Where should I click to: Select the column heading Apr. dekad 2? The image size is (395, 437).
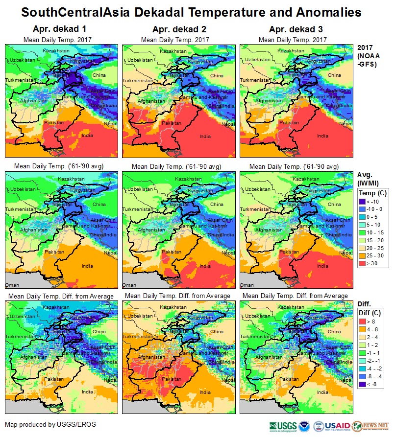click(x=175, y=29)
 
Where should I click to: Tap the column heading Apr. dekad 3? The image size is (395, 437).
click(x=293, y=29)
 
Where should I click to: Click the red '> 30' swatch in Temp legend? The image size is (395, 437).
click(x=363, y=264)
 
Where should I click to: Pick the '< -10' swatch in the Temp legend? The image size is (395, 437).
click(x=363, y=201)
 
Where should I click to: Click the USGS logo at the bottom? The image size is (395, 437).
click(x=283, y=426)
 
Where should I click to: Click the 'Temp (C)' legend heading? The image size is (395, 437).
click(x=373, y=193)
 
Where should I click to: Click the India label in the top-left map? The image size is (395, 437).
click(x=87, y=136)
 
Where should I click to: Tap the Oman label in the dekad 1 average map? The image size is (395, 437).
click(x=12, y=285)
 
